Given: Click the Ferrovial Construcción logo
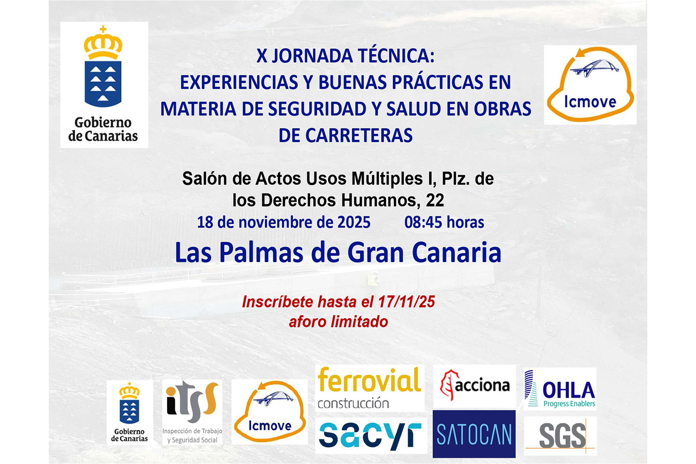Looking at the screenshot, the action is pos(369,388).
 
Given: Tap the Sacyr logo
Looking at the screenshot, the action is pos(371,435).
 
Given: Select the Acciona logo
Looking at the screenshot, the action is pos(475,386).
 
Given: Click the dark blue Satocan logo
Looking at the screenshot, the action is pos(474,434).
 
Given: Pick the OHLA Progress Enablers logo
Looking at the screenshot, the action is pos(560,389).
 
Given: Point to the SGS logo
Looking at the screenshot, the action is pos(560,436).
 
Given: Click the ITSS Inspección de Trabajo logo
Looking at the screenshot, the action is pos(193,412).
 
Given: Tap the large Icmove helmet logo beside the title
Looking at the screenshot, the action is pos(590,85).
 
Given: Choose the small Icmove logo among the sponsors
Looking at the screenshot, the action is pos(270,412).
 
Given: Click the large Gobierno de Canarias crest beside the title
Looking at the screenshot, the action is pos(104,84).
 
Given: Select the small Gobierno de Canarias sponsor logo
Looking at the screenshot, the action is pos(129,412).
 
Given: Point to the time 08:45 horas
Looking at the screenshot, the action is pos(444,223).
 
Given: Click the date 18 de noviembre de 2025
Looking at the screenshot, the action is pos(284,223).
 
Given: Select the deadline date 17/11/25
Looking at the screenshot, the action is pos(406,302).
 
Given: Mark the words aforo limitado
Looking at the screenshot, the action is pos(338,322).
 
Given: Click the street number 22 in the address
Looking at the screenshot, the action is pos(435,200).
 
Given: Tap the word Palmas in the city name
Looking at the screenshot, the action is pos(261,253).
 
